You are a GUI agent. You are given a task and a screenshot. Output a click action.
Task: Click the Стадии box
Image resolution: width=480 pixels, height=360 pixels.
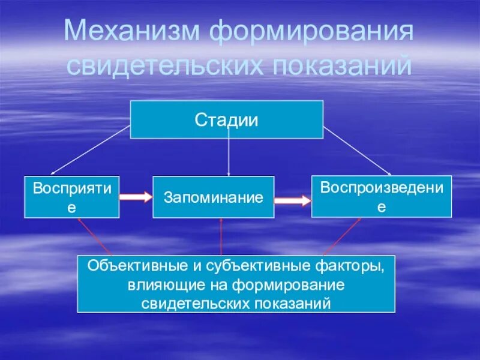coord(226,119)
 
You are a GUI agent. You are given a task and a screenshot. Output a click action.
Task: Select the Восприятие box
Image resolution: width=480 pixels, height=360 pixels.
coord(72,196)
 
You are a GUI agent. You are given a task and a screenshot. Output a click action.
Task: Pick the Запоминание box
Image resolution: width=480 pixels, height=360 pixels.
coord(213,197)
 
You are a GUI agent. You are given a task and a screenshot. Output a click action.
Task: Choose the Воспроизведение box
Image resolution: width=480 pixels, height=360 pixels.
coord(381,196)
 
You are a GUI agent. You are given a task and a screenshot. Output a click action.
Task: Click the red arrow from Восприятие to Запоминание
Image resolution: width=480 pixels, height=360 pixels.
coord(136,196)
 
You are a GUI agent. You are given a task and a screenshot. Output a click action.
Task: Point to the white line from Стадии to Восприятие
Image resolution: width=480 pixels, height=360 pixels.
coord(90,149)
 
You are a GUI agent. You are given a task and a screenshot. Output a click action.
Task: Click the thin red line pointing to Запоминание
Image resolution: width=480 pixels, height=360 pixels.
coord(221,236)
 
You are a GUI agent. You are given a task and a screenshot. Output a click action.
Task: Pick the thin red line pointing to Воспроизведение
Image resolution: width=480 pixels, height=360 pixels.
coord(342,236)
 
